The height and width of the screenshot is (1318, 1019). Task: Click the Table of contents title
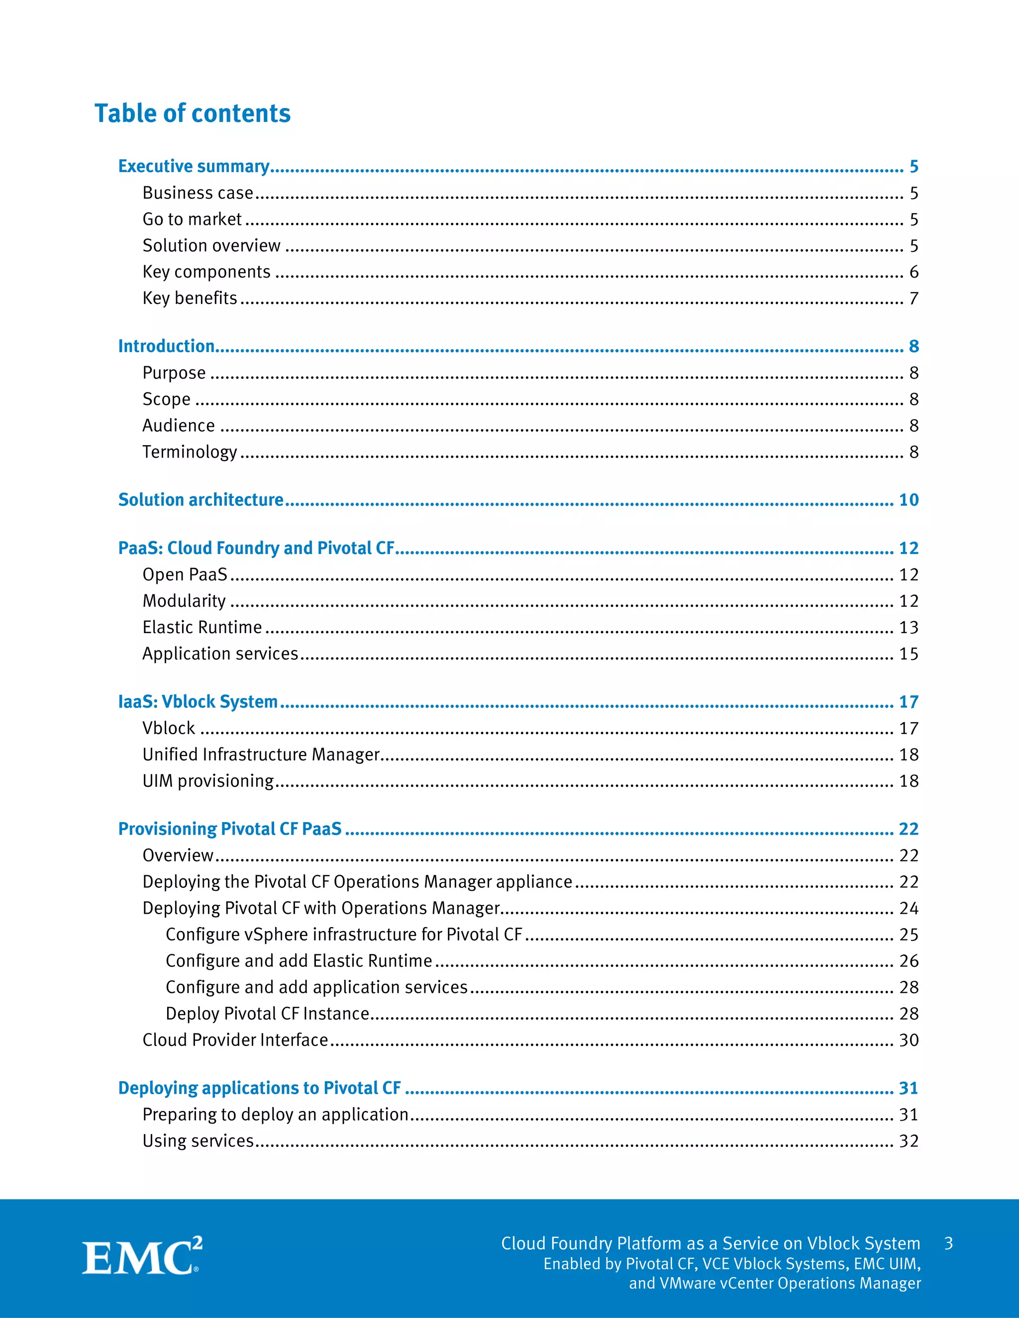click(193, 113)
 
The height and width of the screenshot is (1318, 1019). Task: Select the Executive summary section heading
click(194, 166)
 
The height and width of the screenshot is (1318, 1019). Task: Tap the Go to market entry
click(192, 219)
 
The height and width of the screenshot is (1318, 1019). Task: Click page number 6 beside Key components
click(914, 272)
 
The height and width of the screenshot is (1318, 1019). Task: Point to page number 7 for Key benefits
click(914, 299)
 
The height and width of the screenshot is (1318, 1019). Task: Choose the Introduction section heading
click(167, 346)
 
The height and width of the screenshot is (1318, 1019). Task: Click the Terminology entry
click(190, 452)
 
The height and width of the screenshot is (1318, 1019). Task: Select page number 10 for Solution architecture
click(909, 500)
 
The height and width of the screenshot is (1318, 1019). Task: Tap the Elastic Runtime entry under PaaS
click(202, 628)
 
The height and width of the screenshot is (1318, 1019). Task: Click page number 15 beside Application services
click(909, 654)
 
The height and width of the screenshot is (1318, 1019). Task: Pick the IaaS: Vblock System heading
click(198, 702)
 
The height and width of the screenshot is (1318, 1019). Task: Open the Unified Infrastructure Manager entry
click(261, 755)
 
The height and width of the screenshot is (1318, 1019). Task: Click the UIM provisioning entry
click(208, 781)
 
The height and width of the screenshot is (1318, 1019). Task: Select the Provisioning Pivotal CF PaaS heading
click(230, 829)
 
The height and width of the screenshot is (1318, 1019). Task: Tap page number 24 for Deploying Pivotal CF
click(909, 908)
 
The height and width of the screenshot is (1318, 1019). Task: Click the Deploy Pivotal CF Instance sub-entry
click(267, 1014)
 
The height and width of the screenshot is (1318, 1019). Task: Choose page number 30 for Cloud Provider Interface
click(909, 1040)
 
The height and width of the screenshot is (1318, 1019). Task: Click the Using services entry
click(198, 1141)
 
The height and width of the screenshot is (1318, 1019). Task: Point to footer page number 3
click(948, 1243)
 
